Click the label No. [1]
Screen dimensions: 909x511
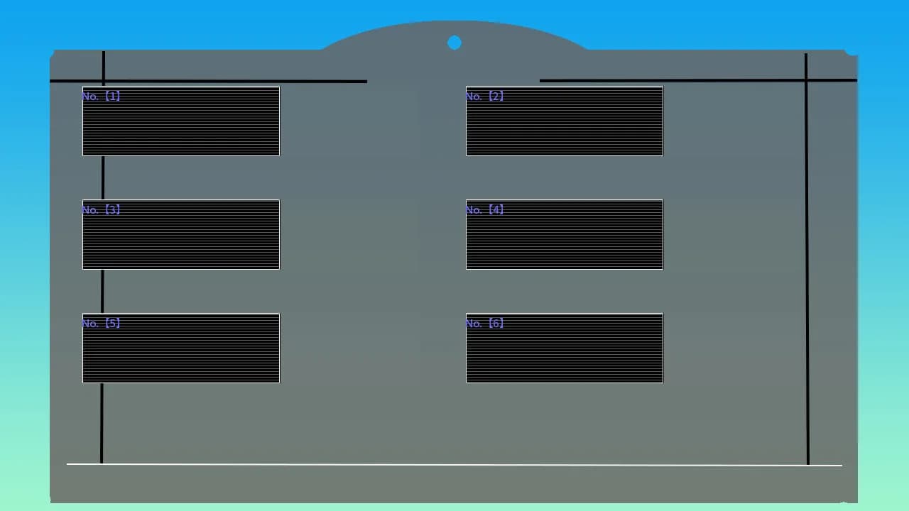[101, 96]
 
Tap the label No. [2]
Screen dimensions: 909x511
[484, 96]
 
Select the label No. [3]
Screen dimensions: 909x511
[101, 209]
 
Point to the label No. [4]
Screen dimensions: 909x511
[484, 209]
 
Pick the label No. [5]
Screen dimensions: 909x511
[101, 323]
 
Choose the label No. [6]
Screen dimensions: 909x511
[484, 323]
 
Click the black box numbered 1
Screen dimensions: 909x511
[181, 121]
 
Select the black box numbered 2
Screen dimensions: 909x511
[565, 121]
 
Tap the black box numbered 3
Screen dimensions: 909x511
[181, 234]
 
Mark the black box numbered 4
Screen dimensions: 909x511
[565, 234]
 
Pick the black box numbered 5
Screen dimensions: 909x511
[181, 348]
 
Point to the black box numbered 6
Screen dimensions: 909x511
[565, 348]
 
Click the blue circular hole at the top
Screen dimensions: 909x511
[454, 43]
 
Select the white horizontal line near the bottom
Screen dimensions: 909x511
[454, 465]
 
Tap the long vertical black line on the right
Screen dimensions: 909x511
[807, 259]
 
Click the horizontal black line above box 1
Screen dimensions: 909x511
[208, 81]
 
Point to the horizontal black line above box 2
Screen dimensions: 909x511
[698, 81]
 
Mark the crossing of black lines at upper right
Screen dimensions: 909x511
[806, 81]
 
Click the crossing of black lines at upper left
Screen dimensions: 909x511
[104, 81]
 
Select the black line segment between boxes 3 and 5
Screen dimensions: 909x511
[102, 291]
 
